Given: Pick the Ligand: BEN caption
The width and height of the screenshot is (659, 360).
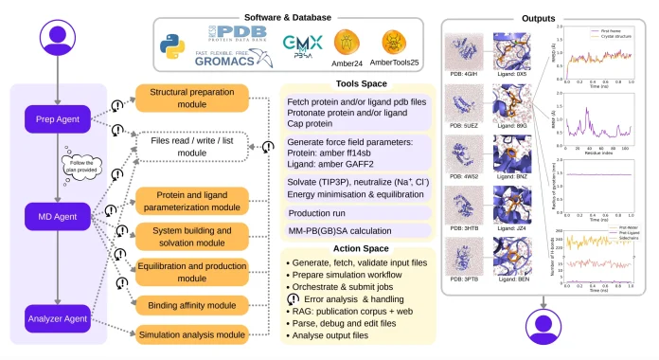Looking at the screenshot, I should pos(516,282).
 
